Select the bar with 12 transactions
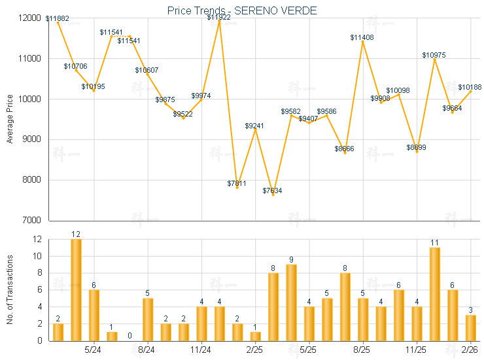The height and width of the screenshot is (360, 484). pyautogui.click(x=76, y=289)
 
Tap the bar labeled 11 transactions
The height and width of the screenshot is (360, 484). pyautogui.click(x=434, y=294)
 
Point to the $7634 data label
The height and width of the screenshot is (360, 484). pyautogui.click(x=273, y=190)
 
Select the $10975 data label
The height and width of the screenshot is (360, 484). pyautogui.click(x=434, y=55)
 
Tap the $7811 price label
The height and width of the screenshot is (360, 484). pyautogui.click(x=237, y=183)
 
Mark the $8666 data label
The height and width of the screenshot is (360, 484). pyautogui.click(x=344, y=149)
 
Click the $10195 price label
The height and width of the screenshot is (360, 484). pyautogui.click(x=93, y=86)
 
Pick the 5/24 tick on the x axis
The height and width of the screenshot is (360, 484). pyautogui.click(x=93, y=350)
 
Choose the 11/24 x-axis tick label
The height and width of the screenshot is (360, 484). pyautogui.click(x=201, y=350)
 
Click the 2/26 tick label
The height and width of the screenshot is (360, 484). pyautogui.click(x=470, y=350)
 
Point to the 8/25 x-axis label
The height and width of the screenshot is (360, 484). pyautogui.click(x=362, y=350)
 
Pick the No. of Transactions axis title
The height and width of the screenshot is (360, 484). pyautogui.click(x=9, y=289)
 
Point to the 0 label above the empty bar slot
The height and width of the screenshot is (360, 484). pyautogui.click(x=130, y=336)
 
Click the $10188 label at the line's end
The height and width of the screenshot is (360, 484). pyautogui.click(x=470, y=87)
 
